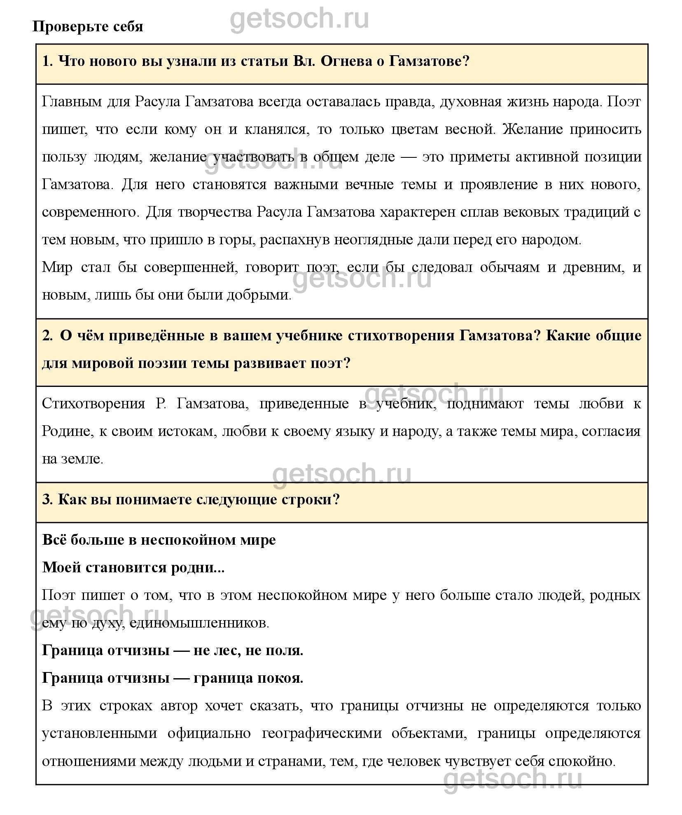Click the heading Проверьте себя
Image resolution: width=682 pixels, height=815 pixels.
coord(88,26)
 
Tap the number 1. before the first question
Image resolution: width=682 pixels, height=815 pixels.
coord(47,62)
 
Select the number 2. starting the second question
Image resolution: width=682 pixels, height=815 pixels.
coord(48,336)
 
